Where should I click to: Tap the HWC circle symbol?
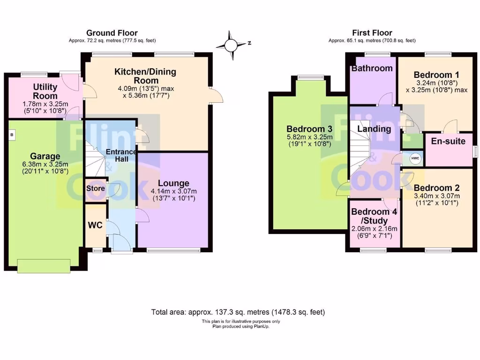415,158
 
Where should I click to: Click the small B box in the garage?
11,135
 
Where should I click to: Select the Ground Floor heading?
112,33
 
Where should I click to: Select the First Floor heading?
372,33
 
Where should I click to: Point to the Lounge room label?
173,183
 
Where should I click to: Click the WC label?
95,225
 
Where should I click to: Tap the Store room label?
95,188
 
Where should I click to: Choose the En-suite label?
448,141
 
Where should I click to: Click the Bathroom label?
372,68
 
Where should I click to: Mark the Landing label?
374,129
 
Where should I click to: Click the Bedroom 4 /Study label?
374,216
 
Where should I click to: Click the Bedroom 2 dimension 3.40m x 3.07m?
436,196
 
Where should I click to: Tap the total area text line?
238,312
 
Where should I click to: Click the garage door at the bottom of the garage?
45,265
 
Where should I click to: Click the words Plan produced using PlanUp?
238,326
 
